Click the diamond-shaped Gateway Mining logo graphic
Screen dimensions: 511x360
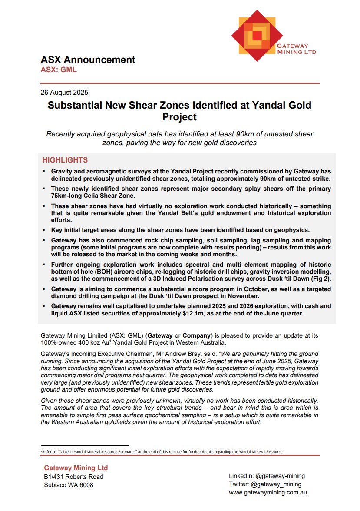tap(257, 35)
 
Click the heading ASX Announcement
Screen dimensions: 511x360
tap(88, 60)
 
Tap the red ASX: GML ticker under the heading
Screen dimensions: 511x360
tap(59, 70)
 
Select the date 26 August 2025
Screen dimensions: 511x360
tap(64, 92)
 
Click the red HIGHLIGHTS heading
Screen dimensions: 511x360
tap(65, 160)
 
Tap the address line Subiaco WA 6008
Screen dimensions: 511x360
tap(69, 485)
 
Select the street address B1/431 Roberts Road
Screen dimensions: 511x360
tap(74, 477)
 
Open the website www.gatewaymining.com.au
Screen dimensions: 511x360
tap(268, 493)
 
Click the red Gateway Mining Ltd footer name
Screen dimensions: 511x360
tap(76, 468)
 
